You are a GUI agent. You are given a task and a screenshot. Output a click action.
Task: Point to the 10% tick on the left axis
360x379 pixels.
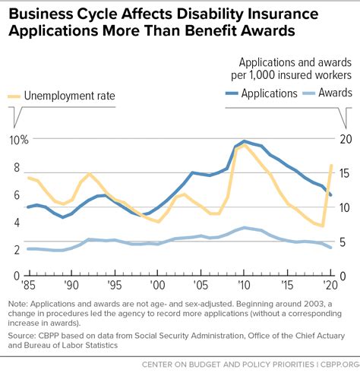tap(18, 140)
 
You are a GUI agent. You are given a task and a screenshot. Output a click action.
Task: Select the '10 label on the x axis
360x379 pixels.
tap(244, 285)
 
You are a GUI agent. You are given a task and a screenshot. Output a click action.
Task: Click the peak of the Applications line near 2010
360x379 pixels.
tap(244, 141)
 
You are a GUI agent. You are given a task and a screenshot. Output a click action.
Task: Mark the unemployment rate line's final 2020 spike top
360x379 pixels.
tap(331, 166)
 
